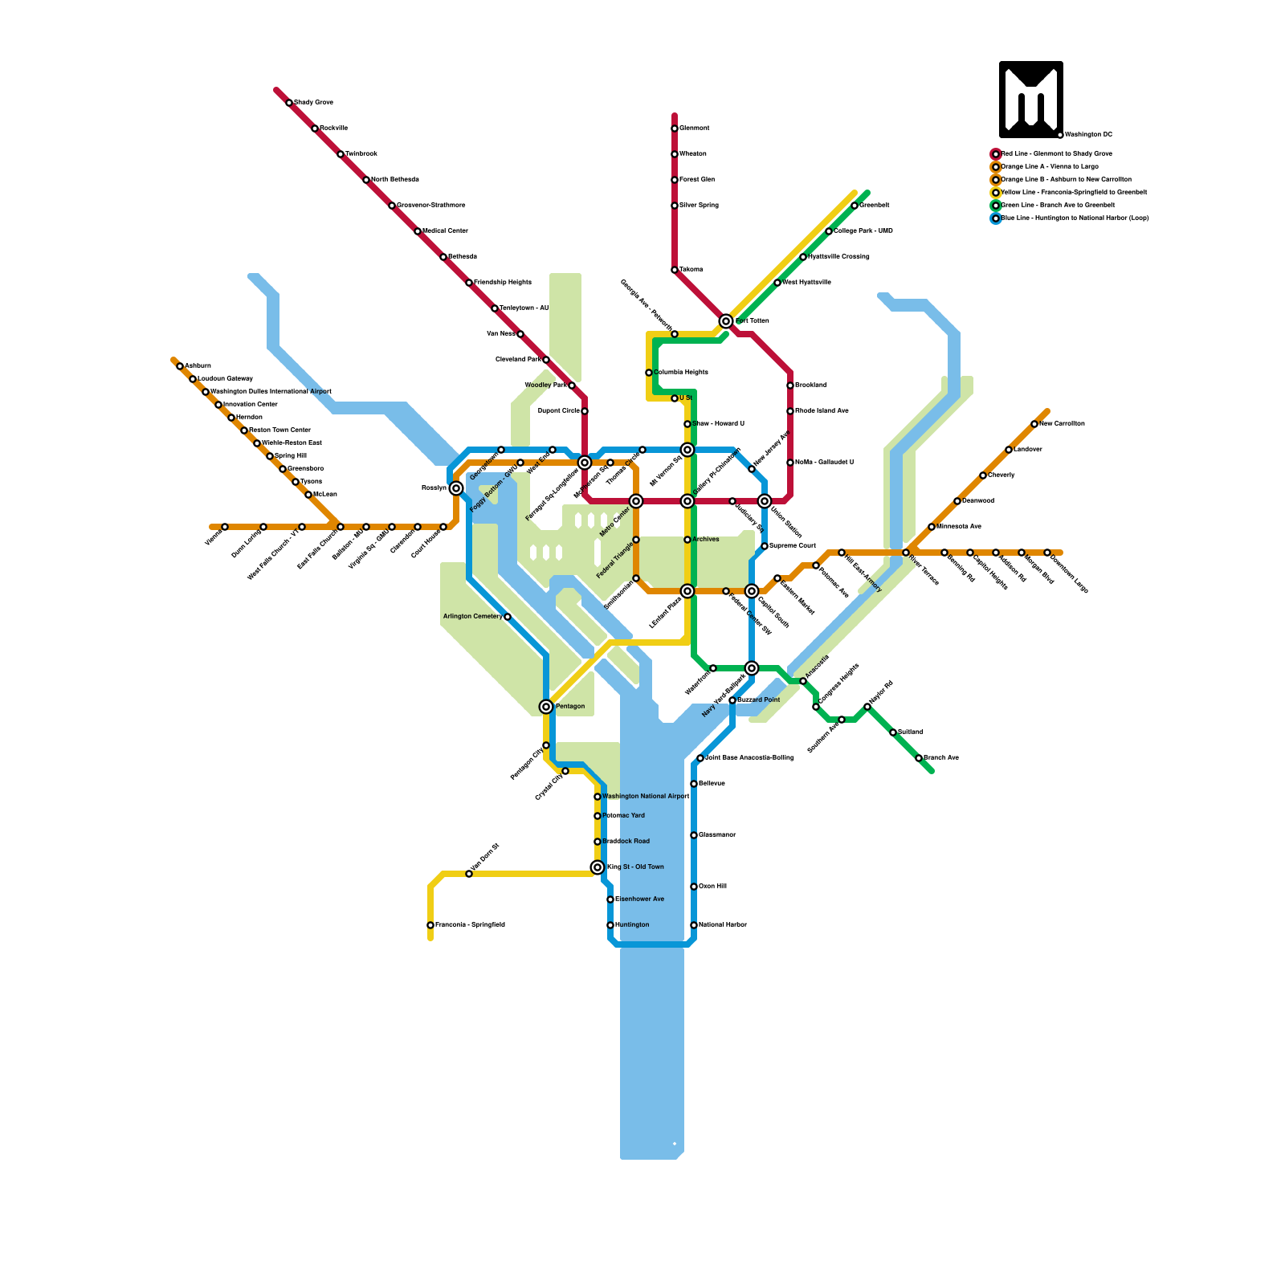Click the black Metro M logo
tap(1031, 99)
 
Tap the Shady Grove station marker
tap(289, 103)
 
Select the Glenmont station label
tap(695, 128)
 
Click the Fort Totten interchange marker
tap(726, 321)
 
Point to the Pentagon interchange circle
tap(546, 707)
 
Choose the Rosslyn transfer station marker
tap(456, 488)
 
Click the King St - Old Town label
tap(635, 867)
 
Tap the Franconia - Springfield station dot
tap(430, 925)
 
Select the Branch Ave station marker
tap(919, 758)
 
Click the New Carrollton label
tap(1062, 424)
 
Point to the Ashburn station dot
tap(180, 366)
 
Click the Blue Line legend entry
tap(1075, 218)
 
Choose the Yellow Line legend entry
tap(1074, 193)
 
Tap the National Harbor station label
tap(723, 925)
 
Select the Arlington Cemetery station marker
tap(508, 617)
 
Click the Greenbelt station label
tap(875, 206)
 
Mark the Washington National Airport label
tap(646, 797)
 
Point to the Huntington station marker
tap(610, 925)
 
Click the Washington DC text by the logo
tap(1089, 135)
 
